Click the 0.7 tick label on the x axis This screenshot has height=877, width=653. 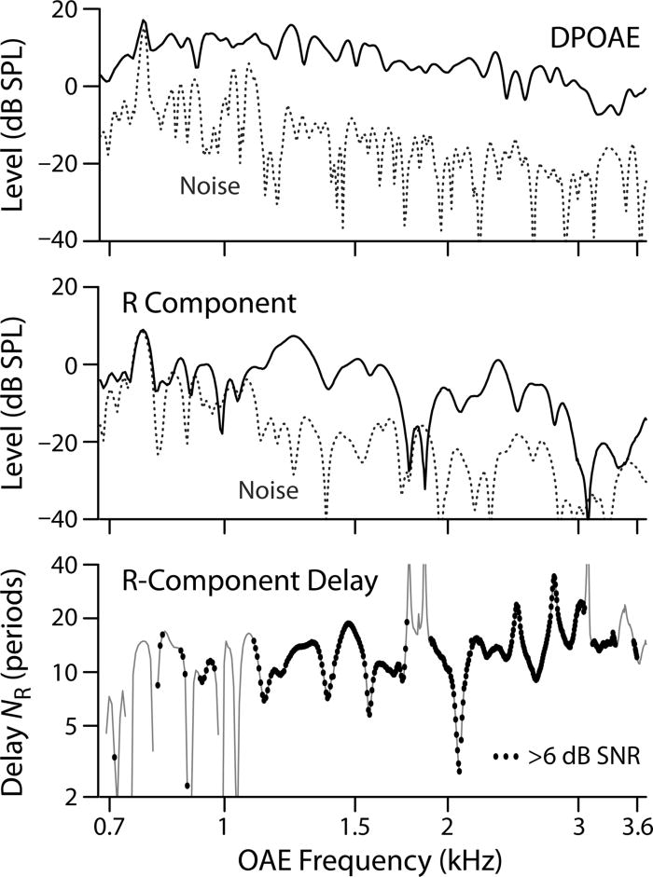[x=109, y=822]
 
